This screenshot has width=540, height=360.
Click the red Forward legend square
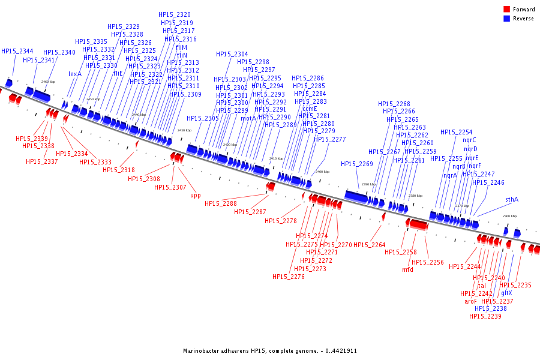(507, 10)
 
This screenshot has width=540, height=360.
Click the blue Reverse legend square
(507, 19)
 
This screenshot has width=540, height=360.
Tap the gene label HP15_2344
(17, 52)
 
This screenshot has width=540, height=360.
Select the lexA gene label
(75, 74)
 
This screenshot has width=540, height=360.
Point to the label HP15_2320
(175, 14)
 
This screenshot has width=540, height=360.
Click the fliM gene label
(181, 47)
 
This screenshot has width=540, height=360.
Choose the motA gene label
(248, 118)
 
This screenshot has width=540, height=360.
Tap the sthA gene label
(511, 200)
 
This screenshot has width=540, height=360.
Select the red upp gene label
(196, 195)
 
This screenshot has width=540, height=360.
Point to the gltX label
(506, 293)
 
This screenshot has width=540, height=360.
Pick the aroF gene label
(470, 301)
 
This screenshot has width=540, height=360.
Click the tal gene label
(482, 286)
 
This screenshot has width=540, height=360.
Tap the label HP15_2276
(289, 277)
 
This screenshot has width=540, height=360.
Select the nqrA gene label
(450, 175)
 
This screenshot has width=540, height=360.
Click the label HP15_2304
(232, 54)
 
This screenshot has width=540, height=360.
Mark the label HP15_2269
(357, 164)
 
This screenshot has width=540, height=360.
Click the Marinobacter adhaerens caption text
(270, 350)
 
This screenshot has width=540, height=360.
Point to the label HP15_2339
(32, 139)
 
